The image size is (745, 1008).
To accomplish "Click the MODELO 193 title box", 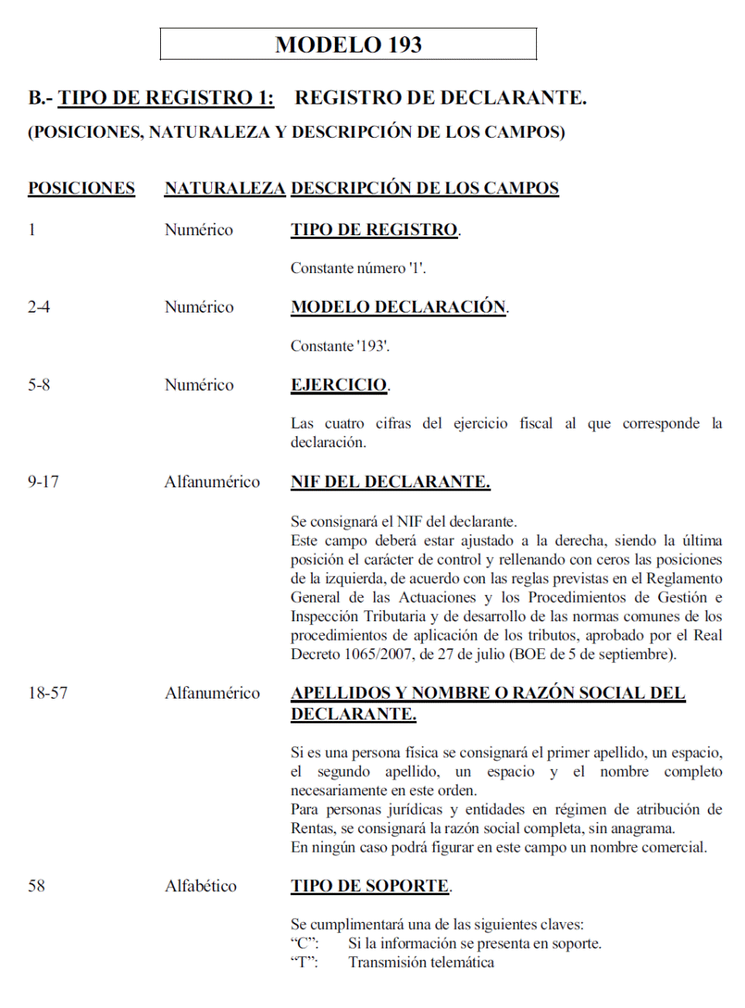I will coord(348,44).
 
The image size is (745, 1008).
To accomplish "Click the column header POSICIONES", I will coord(81,188).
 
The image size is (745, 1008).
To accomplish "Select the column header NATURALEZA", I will coord(224,188).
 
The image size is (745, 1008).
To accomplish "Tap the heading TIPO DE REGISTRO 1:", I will coord(166,97).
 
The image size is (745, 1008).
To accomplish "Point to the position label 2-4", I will coord(39,307).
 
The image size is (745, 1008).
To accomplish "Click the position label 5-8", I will coord(39,384).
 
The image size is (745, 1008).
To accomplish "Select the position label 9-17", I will coord(43,481).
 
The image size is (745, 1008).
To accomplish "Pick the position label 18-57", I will coord(48,692).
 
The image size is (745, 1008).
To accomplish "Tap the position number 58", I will coord(36,886).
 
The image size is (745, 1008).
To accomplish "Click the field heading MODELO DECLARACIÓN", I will coord(398,307).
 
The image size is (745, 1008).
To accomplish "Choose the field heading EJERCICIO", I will coord(339,384).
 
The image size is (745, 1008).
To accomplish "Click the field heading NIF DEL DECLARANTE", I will coord(390,481).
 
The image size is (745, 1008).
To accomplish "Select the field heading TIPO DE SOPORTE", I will coord(370,886).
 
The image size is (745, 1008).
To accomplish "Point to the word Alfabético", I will coord(200,886).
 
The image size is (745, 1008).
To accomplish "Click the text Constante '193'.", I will coord(340,346).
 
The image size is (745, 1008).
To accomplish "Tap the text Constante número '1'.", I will coord(357,268).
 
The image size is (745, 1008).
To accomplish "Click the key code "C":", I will coord(304,943).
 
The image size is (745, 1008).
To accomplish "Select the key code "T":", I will coord(304,962).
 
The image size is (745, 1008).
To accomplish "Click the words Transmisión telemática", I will coord(421,962).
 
